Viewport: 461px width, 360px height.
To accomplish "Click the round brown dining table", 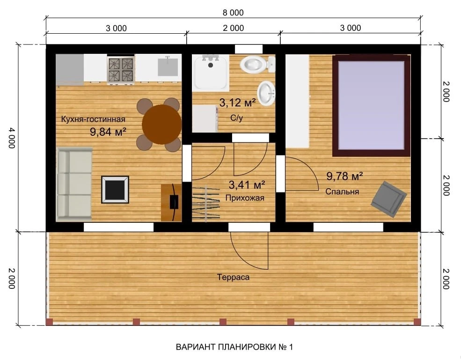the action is [x=161, y=125].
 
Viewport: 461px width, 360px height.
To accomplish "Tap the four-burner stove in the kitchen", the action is [x=121, y=70].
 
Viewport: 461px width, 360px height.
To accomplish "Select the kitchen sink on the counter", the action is [x=168, y=67].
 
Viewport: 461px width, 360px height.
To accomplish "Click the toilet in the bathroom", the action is [x=257, y=65].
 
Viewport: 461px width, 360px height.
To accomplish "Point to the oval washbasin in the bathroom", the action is [x=266, y=94].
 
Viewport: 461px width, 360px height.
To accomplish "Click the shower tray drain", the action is [x=211, y=65].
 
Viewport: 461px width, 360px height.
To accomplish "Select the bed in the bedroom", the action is [x=371, y=106].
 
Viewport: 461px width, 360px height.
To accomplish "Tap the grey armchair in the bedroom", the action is [x=388, y=199].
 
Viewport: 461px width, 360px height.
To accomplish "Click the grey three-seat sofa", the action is [x=74, y=184].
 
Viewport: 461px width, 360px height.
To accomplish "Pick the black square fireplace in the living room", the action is [x=115, y=190].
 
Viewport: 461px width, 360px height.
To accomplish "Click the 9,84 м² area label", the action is [x=108, y=132].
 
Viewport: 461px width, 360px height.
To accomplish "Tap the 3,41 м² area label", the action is [x=247, y=185].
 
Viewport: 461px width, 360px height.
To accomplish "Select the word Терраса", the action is [x=233, y=277].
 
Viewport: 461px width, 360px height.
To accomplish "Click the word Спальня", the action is [x=342, y=191].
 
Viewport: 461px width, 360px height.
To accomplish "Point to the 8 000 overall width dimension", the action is [x=233, y=13].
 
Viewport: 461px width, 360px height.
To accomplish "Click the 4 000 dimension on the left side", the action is [x=11, y=138].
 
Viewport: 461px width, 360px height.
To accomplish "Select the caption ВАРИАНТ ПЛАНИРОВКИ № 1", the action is [x=234, y=347].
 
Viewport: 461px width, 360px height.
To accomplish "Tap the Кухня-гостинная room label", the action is [x=93, y=119].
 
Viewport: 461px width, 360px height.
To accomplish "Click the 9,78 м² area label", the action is [x=344, y=176].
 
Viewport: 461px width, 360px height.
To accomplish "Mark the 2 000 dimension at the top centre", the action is [x=234, y=28].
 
